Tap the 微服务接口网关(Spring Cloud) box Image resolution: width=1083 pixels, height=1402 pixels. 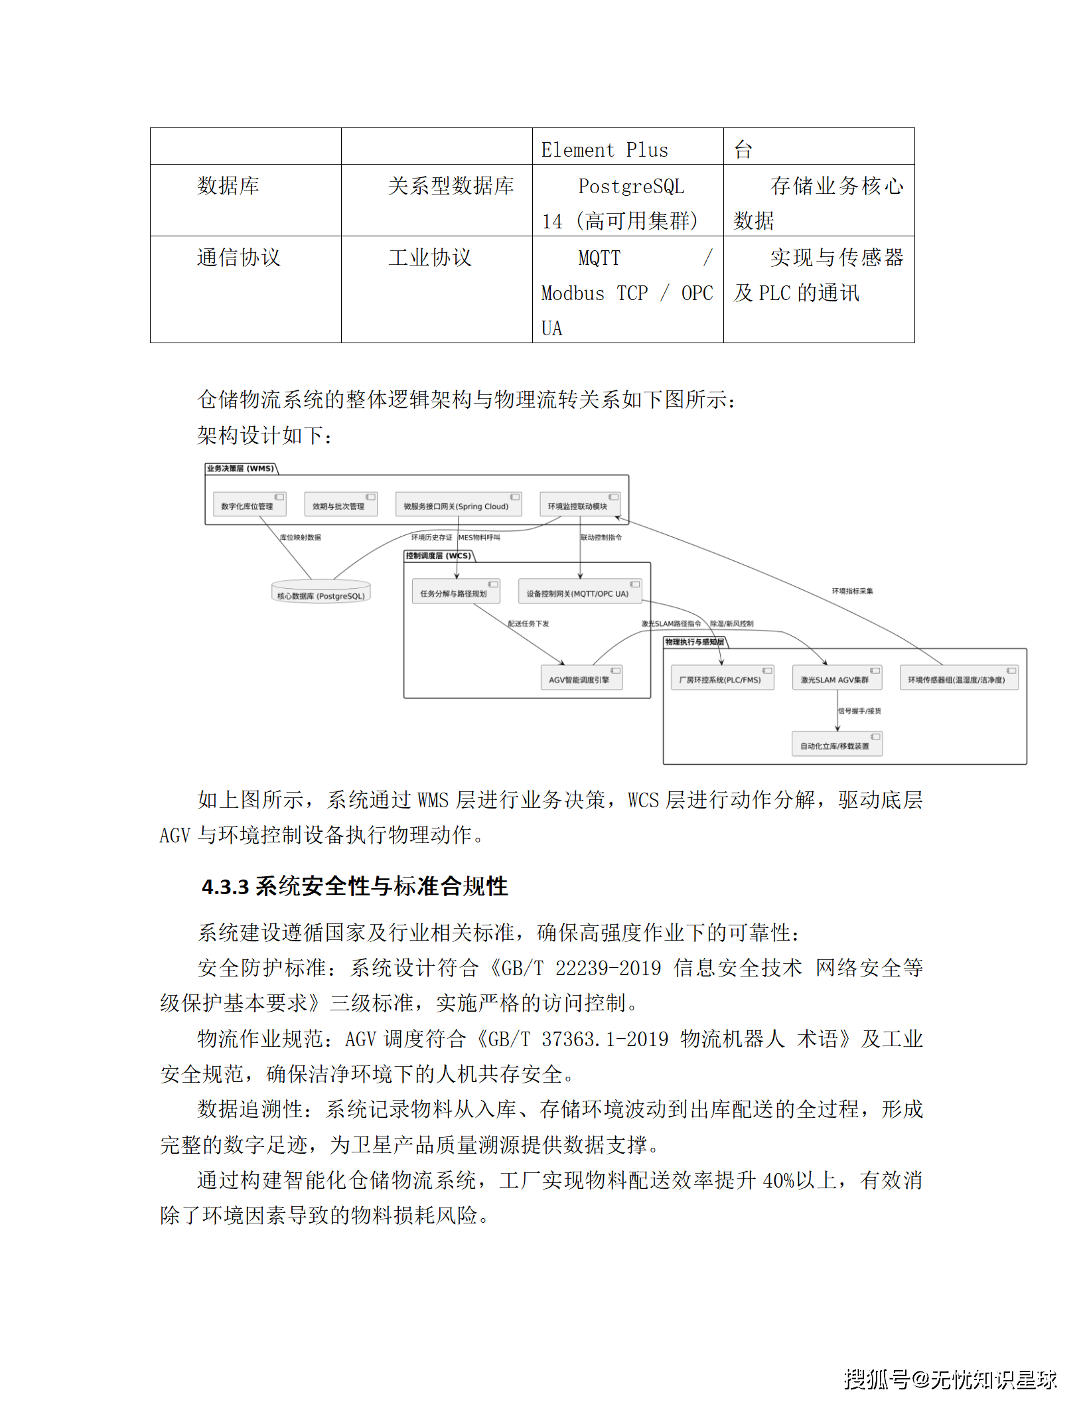tap(458, 505)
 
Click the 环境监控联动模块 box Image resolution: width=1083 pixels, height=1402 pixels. tap(579, 505)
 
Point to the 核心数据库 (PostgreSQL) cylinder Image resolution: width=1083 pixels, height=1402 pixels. tap(321, 593)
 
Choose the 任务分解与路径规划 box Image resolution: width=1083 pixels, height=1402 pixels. tap(456, 591)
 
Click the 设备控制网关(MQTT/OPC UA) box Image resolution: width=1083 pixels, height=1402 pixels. tap(579, 591)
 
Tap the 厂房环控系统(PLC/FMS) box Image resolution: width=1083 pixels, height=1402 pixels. tap(722, 678)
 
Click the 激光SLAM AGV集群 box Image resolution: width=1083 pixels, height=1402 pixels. tap(837, 678)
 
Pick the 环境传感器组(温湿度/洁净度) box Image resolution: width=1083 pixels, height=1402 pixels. tap(959, 678)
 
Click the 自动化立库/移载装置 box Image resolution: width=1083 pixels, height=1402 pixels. tap(837, 744)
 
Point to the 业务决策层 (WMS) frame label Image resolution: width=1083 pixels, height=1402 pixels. tap(240, 469)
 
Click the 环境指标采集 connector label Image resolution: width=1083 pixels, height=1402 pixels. tap(853, 591)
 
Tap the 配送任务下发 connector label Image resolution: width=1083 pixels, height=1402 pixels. tap(528, 623)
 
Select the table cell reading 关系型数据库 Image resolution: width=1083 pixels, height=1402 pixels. tap(451, 186)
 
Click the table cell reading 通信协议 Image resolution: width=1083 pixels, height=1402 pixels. tap(239, 258)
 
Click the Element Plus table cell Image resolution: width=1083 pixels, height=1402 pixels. tap(605, 150)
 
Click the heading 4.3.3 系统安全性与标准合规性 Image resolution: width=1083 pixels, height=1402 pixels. tap(355, 886)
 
